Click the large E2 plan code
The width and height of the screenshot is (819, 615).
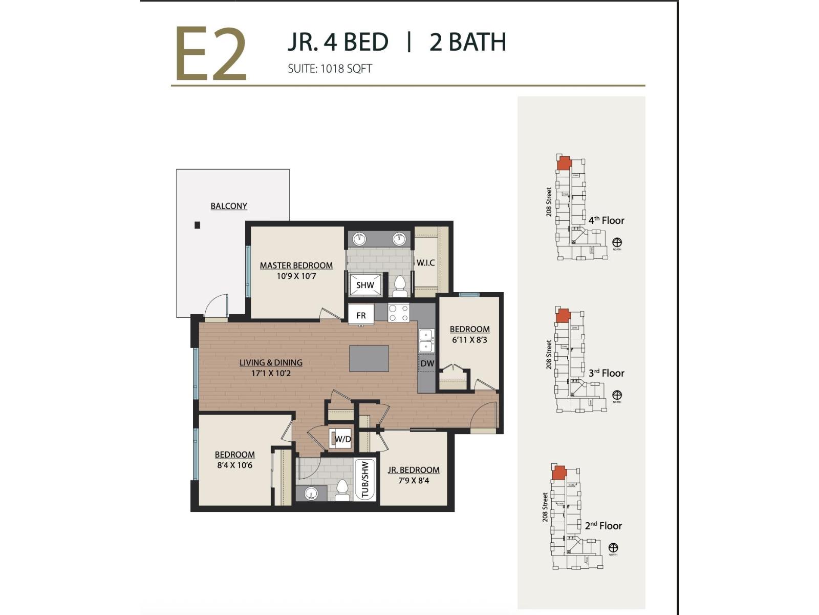tap(211, 55)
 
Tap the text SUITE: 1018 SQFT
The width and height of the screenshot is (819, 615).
tap(329, 69)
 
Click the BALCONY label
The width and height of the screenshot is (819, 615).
tap(229, 206)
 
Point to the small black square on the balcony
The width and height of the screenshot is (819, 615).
tap(197, 225)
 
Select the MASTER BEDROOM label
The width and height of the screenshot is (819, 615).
tap(296, 265)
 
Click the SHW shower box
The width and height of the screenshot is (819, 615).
tap(365, 285)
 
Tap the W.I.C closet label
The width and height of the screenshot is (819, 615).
tap(425, 263)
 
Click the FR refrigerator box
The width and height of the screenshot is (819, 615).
tap(361, 315)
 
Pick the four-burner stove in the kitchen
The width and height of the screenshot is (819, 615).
tap(398, 313)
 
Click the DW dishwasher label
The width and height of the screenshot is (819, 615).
tap(427, 363)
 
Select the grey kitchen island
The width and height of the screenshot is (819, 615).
tap(369, 358)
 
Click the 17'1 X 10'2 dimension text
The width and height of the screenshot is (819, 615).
tap(271, 374)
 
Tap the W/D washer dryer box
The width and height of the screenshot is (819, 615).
tap(341, 439)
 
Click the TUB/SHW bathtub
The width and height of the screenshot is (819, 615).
tap(365, 480)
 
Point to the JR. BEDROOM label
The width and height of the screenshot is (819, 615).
tap(413, 470)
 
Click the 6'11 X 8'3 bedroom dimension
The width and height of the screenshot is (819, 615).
tap(469, 340)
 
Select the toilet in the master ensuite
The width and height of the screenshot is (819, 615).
tap(399, 286)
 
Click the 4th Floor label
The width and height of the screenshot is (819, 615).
tap(606, 220)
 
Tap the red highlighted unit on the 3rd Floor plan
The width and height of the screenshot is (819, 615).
tap(563, 316)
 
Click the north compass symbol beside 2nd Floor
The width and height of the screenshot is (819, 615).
tap(613, 548)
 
